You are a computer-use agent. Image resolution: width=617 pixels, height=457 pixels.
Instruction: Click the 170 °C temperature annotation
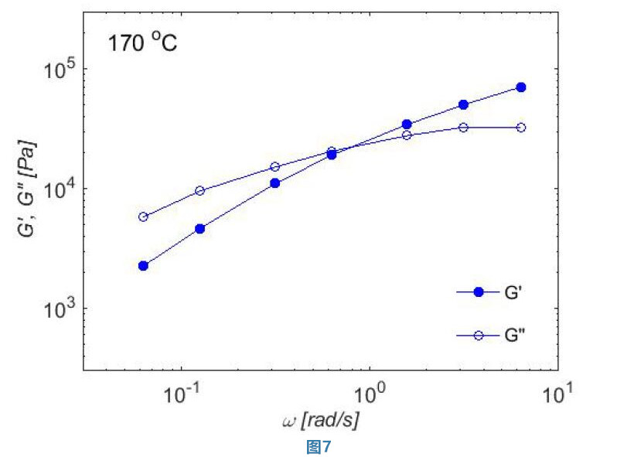pos(142,43)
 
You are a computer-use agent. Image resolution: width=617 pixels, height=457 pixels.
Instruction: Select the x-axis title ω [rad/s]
pos(320,421)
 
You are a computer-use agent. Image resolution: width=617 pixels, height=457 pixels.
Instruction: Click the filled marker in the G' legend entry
pos(478,292)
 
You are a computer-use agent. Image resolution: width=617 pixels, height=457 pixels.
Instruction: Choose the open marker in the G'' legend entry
pos(478,335)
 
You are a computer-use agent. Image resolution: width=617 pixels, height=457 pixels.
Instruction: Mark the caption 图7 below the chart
pos(319,446)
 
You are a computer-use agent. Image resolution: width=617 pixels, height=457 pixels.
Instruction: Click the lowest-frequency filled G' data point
pos(143,265)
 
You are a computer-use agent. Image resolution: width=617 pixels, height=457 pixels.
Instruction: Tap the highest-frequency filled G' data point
pos(521,87)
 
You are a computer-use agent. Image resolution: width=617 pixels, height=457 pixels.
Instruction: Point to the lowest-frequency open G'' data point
pos(143,217)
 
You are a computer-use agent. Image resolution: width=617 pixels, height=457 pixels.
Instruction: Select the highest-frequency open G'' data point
pos(521,128)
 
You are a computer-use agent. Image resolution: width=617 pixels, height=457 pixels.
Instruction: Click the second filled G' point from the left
pos(199,229)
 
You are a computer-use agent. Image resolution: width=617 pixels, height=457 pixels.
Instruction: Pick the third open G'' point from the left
pos(274,167)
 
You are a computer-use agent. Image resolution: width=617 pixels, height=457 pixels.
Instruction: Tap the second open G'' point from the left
pos(199,190)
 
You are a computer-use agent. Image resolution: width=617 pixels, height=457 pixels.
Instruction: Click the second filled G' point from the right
pos(464,104)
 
